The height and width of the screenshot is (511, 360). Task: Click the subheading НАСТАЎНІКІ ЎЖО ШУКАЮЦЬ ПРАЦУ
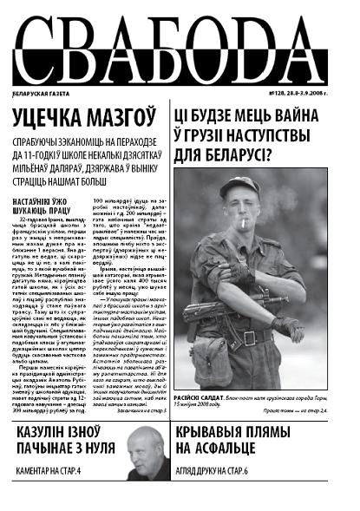point(43,206)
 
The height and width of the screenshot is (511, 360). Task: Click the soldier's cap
point(239,186)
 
